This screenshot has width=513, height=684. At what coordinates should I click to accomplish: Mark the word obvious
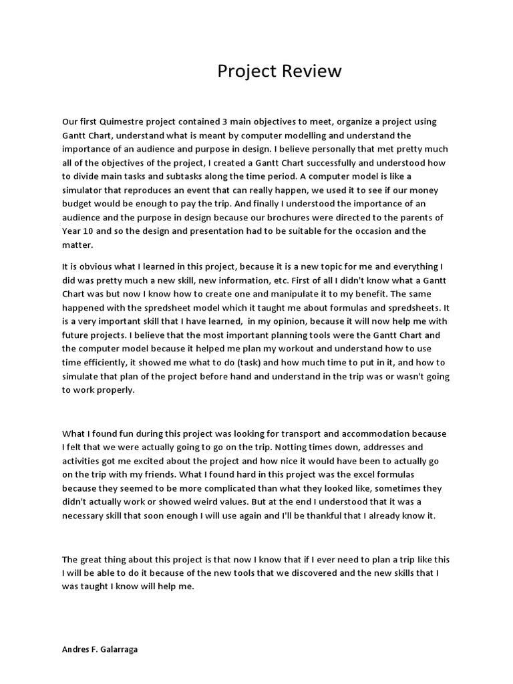click(92, 267)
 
